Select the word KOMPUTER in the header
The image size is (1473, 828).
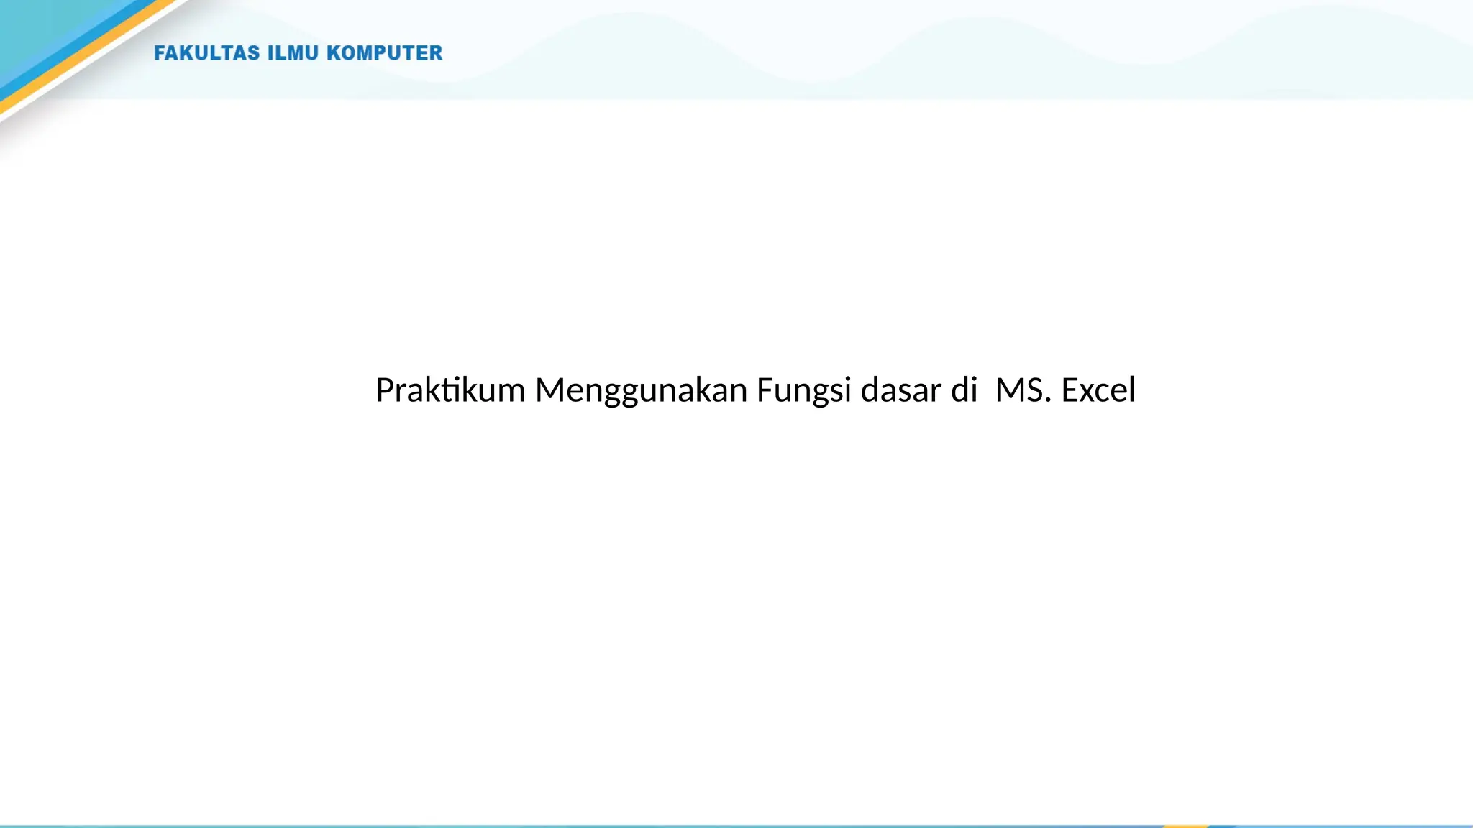(x=385, y=53)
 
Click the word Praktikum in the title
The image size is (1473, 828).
(x=450, y=391)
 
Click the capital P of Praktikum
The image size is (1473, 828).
(x=385, y=391)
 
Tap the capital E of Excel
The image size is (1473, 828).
(x=1070, y=391)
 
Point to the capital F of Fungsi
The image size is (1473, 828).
(x=764, y=391)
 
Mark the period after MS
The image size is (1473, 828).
(x=1048, y=400)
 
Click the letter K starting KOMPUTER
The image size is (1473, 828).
(x=334, y=53)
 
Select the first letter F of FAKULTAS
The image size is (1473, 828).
(x=160, y=53)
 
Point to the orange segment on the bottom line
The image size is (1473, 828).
(x=1185, y=826)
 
